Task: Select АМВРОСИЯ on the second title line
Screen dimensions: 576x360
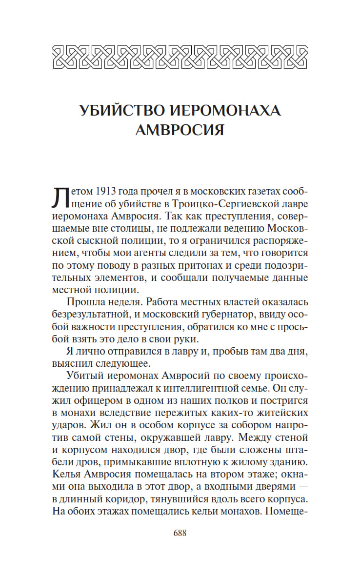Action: [x=180, y=130]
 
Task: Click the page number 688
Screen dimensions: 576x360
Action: [x=180, y=533]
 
